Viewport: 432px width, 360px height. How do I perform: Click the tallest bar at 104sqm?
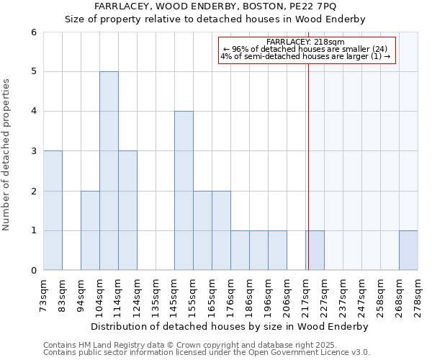tap(109, 171)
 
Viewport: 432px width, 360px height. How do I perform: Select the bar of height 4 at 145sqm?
tap(184, 191)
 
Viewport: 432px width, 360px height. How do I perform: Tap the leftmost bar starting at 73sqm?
tap(53, 210)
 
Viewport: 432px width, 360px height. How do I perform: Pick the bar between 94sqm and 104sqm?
tap(90, 230)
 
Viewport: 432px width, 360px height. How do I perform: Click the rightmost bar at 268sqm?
tap(408, 251)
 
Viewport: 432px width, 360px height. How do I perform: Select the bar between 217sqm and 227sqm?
tap(315, 251)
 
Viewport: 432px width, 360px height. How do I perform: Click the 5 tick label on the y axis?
tap(33, 72)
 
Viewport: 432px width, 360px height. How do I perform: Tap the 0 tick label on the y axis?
tap(33, 271)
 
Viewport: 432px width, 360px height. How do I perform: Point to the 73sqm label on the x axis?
tap(44, 294)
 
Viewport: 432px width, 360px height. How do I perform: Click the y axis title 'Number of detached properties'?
tap(6, 155)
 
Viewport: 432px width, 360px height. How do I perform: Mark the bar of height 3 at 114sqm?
tap(127, 210)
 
